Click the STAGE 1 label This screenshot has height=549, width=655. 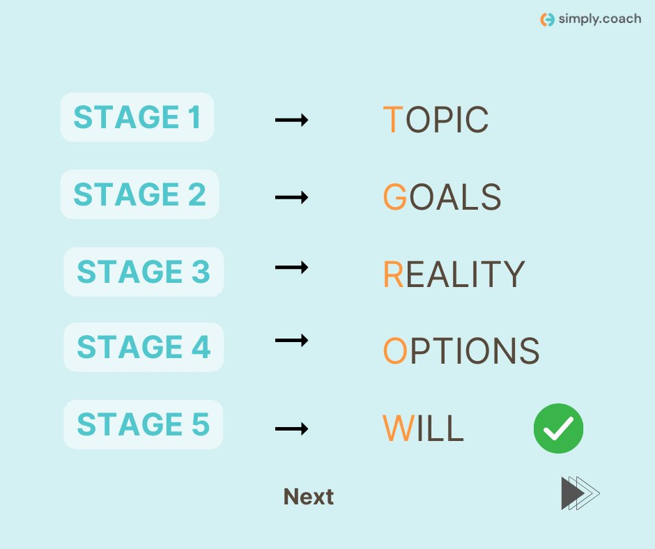(x=137, y=117)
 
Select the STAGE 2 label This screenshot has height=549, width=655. (x=139, y=194)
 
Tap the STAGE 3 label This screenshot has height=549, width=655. (x=144, y=272)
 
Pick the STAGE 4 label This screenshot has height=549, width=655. (x=144, y=347)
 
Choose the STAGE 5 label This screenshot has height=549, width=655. (x=144, y=424)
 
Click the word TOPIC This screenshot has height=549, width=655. (x=436, y=121)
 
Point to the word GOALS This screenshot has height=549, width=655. (x=442, y=197)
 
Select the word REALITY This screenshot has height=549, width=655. (x=453, y=274)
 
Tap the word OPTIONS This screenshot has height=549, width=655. (x=461, y=351)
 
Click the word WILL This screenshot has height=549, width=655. (x=423, y=428)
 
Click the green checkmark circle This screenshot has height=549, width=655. (x=558, y=428)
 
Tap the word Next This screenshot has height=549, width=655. (x=309, y=497)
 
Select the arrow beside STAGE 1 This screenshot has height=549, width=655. (x=291, y=121)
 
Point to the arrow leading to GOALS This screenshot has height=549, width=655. (x=291, y=197)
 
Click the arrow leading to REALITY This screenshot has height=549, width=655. (x=291, y=267)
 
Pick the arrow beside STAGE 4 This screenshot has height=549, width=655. (x=291, y=340)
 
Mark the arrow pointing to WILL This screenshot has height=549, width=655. (x=291, y=428)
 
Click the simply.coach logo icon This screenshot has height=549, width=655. (x=548, y=20)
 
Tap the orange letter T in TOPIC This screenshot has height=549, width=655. (x=392, y=121)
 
